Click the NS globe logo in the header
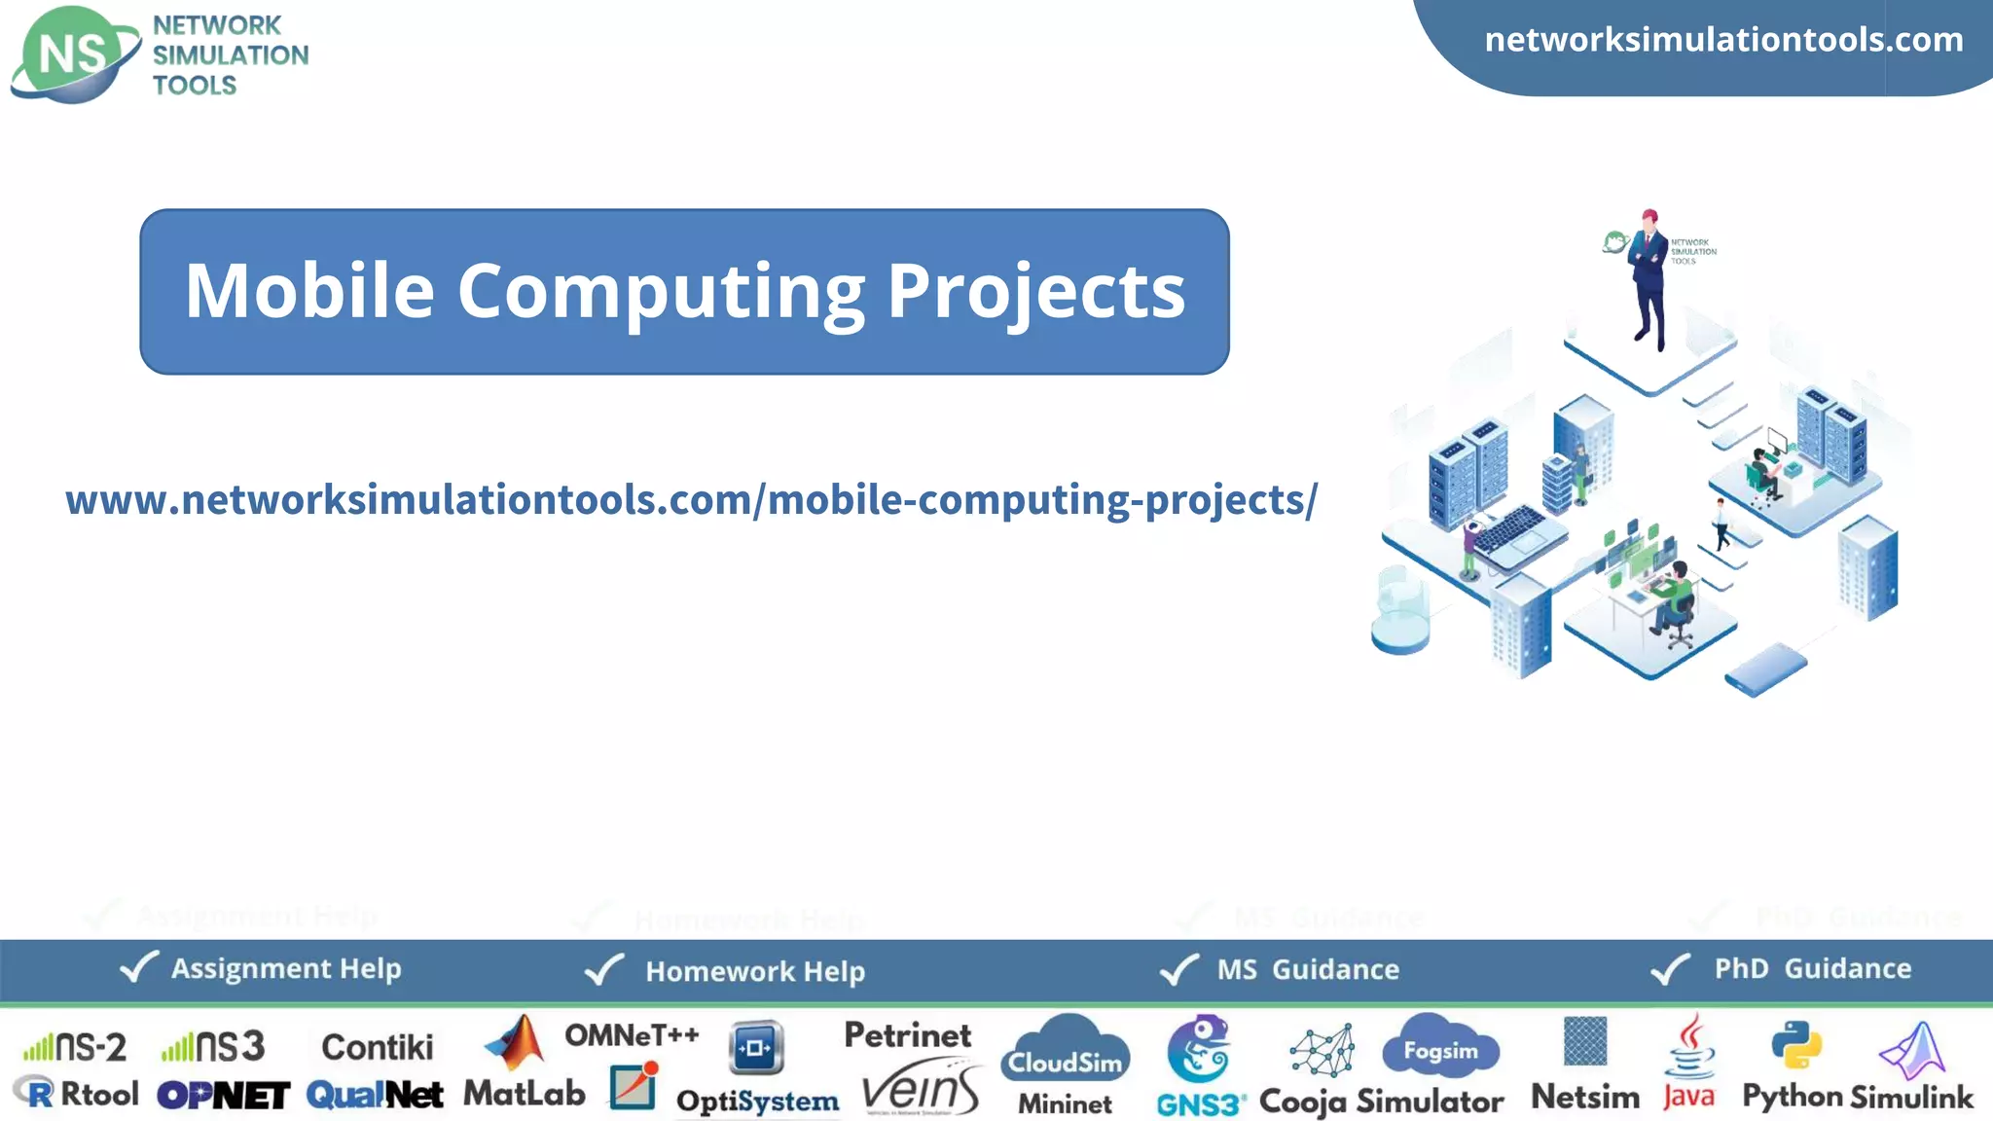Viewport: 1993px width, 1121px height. pyautogui.click(x=73, y=54)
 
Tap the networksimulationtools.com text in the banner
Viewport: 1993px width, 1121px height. pyautogui.click(x=1723, y=40)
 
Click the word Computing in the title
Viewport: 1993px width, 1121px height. pyautogui.click(x=661, y=291)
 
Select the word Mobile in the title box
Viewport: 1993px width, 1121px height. pyautogui.click(x=309, y=291)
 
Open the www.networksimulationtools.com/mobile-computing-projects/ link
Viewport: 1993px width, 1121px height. pyautogui.click(x=691, y=500)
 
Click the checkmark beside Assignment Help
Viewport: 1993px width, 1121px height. pyautogui.click(x=138, y=967)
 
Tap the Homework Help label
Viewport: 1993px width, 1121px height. pyautogui.click(x=754, y=971)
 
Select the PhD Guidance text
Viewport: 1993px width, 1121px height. pyautogui.click(x=1812, y=968)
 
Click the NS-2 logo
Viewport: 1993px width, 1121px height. pyautogui.click(x=75, y=1047)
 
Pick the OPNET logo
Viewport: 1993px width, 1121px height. pyautogui.click(x=223, y=1096)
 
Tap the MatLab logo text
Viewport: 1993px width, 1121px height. pyautogui.click(x=524, y=1094)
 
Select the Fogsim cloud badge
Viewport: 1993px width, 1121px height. pyautogui.click(x=1440, y=1047)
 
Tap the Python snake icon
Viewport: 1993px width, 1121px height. pyautogui.click(x=1796, y=1046)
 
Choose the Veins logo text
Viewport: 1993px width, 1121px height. pyautogui.click(x=921, y=1091)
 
